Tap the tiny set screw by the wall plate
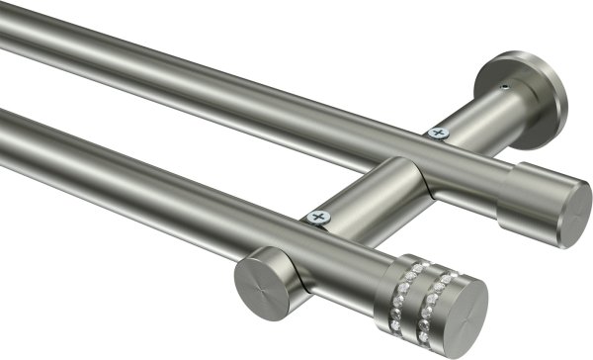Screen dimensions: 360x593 505,87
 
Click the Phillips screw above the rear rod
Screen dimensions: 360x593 436,132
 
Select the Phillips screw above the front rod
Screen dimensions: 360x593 317,216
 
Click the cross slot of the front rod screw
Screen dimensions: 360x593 317,216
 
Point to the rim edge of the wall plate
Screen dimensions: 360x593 559,109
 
